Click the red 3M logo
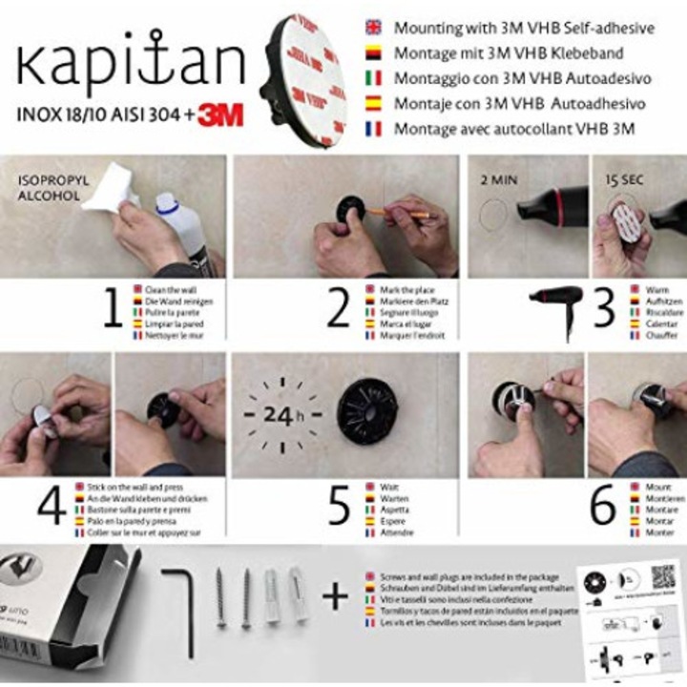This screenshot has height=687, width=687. pos(220,115)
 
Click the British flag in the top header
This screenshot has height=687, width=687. pos(373,29)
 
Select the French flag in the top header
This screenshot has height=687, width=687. pos(373,128)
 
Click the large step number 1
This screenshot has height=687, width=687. pos(113,310)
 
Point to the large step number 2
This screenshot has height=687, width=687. pos(339,310)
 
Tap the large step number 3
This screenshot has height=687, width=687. pos(603,310)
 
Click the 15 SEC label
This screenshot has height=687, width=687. pos(621,178)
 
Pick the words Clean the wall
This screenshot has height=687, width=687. pos(172,287)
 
